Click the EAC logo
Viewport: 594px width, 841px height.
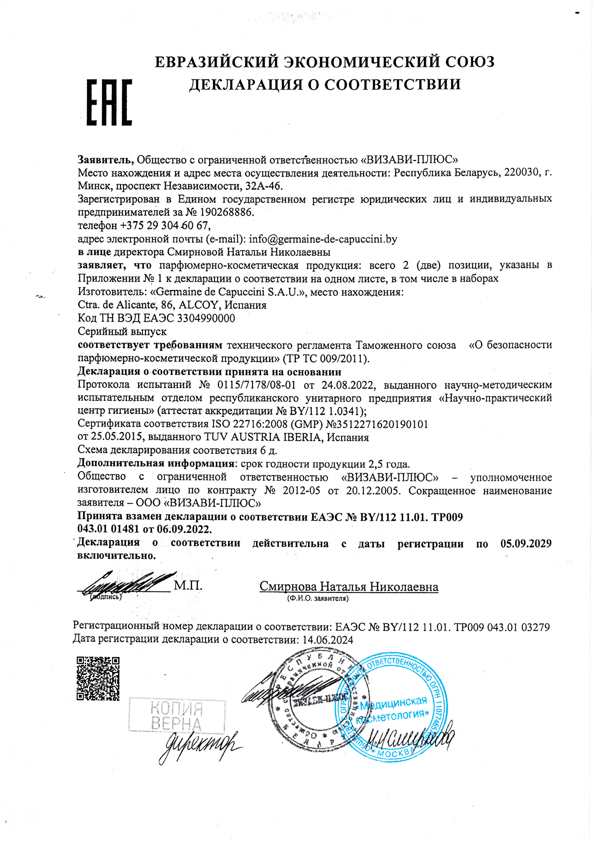point(109,102)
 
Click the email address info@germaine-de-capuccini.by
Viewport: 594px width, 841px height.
point(323,239)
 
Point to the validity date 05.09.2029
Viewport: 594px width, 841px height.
point(526,543)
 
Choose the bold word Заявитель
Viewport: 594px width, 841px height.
point(105,160)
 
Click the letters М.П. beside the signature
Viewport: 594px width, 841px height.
point(188,586)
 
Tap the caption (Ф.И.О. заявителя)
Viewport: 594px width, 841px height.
point(318,598)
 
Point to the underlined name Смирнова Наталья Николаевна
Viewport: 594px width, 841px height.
point(349,587)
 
